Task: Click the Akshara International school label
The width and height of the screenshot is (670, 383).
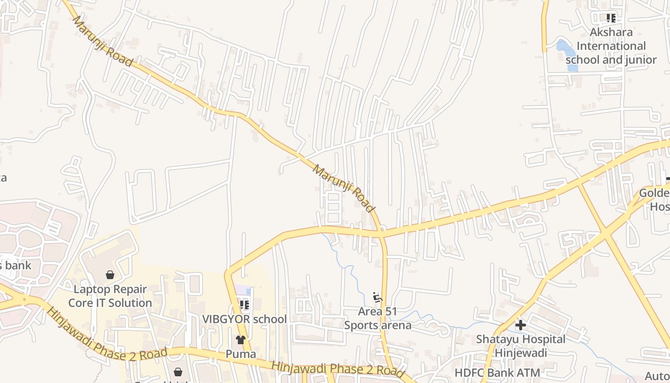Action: [x=611, y=46]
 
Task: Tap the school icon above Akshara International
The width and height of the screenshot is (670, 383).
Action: [x=611, y=18]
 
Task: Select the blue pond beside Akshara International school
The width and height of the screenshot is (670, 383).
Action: [x=567, y=54]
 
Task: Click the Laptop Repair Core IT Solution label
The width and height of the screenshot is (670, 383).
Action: [x=110, y=296]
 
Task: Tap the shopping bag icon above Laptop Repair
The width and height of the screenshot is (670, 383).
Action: [x=110, y=275]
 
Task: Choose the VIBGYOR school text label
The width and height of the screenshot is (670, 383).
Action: [x=244, y=319]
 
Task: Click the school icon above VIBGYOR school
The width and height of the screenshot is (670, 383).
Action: [x=245, y=304]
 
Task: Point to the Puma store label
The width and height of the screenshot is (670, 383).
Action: [x=241, y=354]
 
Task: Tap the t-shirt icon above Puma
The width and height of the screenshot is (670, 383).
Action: [x=241, y=340]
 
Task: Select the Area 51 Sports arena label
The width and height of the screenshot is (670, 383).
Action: [x=378, y=318]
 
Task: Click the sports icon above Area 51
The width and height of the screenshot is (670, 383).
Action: [x=378, y=298]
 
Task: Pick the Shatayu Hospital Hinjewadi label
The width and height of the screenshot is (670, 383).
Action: [x=521, y=346]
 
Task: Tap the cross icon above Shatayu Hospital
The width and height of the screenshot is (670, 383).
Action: [x=521, y=326]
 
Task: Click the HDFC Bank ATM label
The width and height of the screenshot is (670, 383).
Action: [x=497, y=372]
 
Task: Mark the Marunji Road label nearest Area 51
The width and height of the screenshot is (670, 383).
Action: [x=343, y=188]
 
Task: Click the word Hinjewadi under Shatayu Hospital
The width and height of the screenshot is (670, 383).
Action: [x=521, y=353]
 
